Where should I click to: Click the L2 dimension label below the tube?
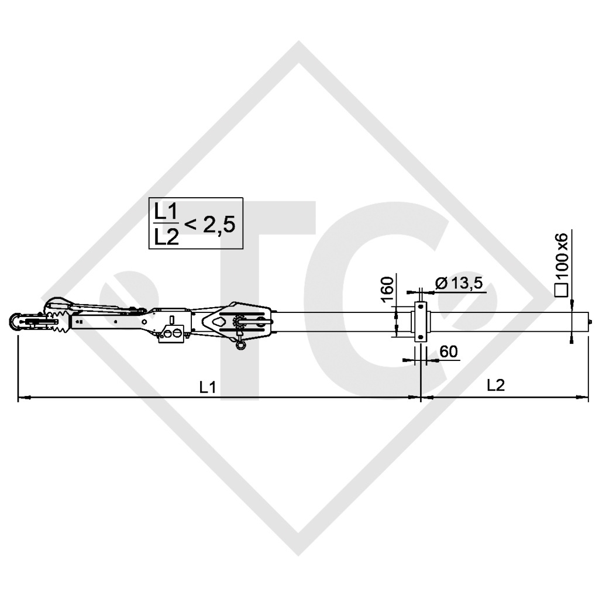point(495,385)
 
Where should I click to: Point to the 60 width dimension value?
point(448,352)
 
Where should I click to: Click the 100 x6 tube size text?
point(562,259)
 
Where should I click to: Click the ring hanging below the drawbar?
point(240,346)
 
